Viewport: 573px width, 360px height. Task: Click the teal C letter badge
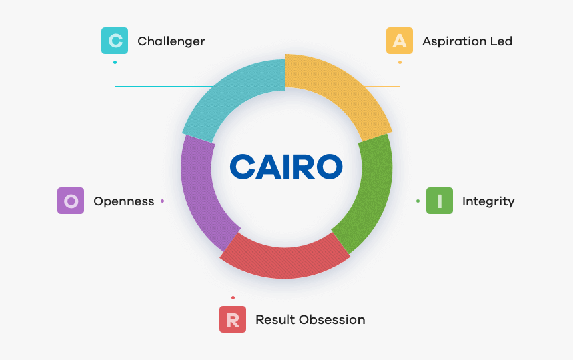115,41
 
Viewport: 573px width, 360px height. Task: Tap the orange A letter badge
400,41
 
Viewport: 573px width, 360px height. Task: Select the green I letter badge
440,201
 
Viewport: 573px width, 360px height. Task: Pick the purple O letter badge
71,201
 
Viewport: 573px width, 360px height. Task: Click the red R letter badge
233,319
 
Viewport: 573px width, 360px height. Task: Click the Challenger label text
171,41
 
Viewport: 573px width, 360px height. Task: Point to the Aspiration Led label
467,41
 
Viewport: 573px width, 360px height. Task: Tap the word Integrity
488,201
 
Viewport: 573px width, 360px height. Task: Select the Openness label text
123,201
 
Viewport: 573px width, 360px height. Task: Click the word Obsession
332,320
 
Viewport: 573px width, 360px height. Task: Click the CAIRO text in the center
286,167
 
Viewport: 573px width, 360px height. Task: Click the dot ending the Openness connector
163,201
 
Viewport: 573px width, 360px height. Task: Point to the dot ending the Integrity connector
418,201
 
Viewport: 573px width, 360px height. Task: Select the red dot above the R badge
233,297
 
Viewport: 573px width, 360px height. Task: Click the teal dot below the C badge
115,63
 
